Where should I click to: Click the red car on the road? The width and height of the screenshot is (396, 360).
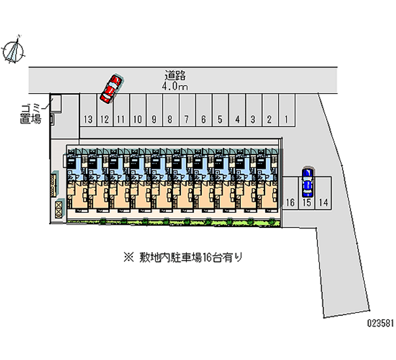[111, 89]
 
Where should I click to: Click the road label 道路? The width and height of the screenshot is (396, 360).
[175, 76]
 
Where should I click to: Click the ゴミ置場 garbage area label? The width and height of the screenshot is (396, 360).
[31, 113]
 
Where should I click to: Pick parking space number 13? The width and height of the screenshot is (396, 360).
[88, 119]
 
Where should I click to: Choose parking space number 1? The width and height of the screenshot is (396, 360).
[287, 119]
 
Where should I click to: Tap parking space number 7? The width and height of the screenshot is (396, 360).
[186, 119]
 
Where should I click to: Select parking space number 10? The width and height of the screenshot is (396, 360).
[138, 119]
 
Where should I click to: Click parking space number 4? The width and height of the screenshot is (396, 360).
[238, 119]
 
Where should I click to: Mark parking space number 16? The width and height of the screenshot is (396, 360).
[290, 202]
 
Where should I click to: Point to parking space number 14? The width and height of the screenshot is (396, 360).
[323, 202]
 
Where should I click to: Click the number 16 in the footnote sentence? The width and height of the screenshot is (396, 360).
[208, 257]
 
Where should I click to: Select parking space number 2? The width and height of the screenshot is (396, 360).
[269, 119]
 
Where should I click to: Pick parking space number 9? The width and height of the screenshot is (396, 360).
[154, 119]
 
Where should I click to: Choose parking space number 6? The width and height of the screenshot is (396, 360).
[203, 119]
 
